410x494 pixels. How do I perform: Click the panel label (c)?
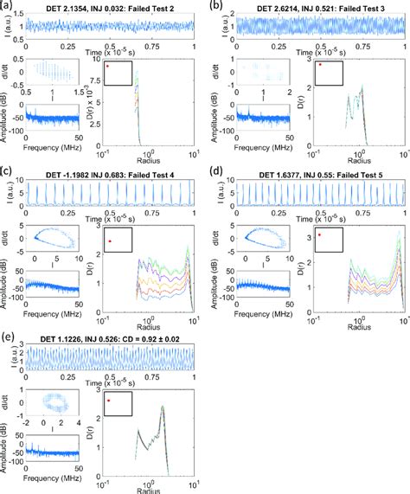[7, 172]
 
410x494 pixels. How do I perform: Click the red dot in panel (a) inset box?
[106, 66]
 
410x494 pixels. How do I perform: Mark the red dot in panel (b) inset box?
[321, 65]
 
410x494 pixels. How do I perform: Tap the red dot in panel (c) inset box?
[110, 241]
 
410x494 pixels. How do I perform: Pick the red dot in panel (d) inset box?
[319, 234]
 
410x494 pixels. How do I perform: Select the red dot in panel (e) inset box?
[108, 401]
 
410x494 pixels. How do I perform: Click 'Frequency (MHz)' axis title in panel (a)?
[52, 149]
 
